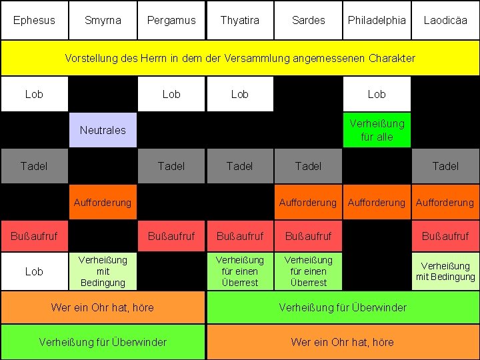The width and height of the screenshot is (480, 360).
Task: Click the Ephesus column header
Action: click(34, 20)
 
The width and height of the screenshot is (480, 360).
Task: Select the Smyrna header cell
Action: click(103, 20)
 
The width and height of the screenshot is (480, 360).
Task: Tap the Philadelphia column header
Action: click(377, 20)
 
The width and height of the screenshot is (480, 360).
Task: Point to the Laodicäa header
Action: click(445, 20)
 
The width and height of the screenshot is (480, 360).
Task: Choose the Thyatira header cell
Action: click(239, 20)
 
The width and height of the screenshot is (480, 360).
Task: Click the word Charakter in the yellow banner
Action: click(388, 58)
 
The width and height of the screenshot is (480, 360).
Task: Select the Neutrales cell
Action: click(103, 130)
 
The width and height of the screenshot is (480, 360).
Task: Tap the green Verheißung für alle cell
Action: click(377, 130)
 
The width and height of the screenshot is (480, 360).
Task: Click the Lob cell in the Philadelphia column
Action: click(377, 94)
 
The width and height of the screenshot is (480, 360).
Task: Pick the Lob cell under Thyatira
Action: click(239, 94)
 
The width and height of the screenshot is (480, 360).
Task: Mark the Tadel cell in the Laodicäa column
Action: click(445, 166)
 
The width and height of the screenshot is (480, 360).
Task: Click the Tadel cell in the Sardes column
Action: click(308, 166)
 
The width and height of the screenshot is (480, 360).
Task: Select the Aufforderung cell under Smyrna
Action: click(103, 202)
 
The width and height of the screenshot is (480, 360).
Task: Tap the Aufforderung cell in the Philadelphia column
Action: click(377, 202)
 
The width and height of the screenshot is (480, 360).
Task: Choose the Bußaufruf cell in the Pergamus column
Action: click(171, 236)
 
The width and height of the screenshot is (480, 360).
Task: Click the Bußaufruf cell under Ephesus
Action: click(34, 236)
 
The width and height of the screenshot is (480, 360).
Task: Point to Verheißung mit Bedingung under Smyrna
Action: click(103, 271)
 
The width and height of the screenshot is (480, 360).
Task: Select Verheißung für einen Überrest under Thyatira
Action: click(239, 271)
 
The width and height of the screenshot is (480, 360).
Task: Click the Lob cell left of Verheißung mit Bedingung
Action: click(34, 271)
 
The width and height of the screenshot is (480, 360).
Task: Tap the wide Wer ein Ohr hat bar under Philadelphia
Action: click(343, 342)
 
